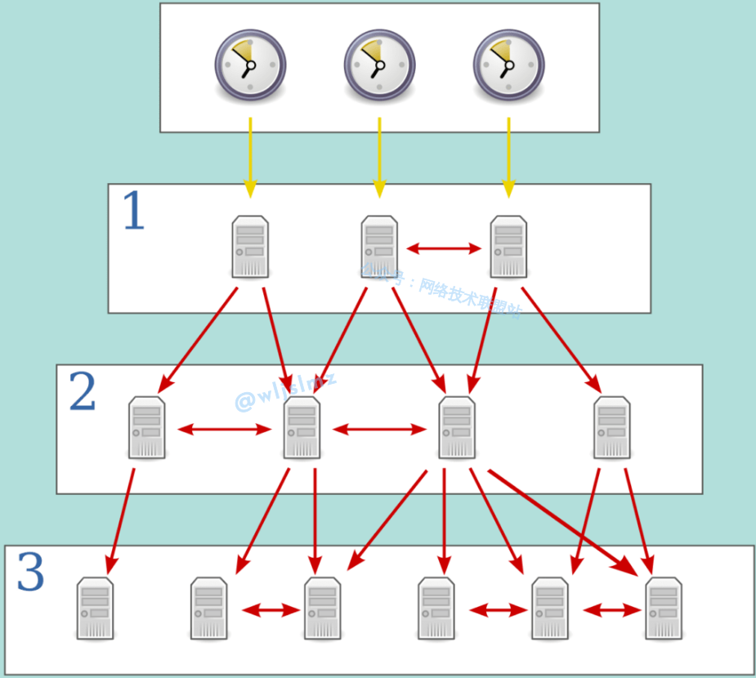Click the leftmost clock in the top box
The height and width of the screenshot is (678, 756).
point(250,65)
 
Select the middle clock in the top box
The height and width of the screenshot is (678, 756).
point(379,65)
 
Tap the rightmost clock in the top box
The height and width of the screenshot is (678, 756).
point(508,65)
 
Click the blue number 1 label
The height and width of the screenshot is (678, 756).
point(133,212)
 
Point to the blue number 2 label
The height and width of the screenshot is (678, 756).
point(83,392)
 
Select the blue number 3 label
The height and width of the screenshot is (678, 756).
point(31,573)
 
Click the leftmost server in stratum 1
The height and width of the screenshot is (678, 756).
point(250,247)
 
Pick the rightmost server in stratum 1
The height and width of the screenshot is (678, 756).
point(508,247)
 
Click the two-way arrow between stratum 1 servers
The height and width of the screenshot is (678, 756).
point(445,248)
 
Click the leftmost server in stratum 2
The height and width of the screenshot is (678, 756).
point(147,427)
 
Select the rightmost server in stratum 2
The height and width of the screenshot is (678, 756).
point(612,427)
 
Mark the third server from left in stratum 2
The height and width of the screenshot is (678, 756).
point(457,427)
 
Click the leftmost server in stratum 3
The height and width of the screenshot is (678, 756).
point(95,608)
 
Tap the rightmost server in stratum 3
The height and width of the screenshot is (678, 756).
point(664,608)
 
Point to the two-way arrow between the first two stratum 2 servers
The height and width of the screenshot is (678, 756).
point(225,429)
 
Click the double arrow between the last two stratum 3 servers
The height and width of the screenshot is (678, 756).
point(611,610)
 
